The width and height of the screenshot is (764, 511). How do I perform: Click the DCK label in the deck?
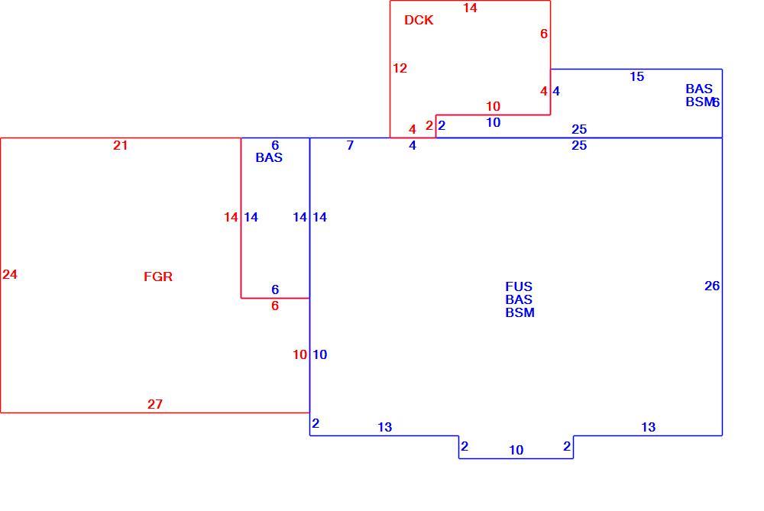419,20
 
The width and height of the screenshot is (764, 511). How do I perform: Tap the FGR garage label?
158,277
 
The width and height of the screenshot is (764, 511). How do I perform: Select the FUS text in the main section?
519,286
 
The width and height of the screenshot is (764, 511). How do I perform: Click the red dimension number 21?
121,145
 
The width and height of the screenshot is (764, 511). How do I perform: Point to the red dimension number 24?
10,275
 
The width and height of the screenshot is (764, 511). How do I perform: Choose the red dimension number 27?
155,404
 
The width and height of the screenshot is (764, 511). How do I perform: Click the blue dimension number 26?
712,286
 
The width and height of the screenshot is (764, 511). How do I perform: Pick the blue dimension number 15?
637,76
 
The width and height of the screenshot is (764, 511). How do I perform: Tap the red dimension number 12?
400,68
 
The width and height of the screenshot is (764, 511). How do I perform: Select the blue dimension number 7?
350,145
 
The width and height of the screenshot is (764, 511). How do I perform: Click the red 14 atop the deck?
470,8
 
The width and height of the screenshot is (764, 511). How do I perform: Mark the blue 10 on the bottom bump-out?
516,450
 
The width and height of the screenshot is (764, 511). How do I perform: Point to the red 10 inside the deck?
493,106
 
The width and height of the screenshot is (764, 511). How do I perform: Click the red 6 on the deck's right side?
544,34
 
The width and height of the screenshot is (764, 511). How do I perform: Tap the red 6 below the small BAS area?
275,306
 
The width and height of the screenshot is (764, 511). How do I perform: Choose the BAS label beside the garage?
269,157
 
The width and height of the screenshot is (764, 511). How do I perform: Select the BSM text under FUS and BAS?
520,312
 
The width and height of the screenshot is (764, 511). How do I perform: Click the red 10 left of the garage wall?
300,354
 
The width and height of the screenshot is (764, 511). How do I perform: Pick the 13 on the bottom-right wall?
648,427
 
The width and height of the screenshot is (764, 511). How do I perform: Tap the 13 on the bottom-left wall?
384,427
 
